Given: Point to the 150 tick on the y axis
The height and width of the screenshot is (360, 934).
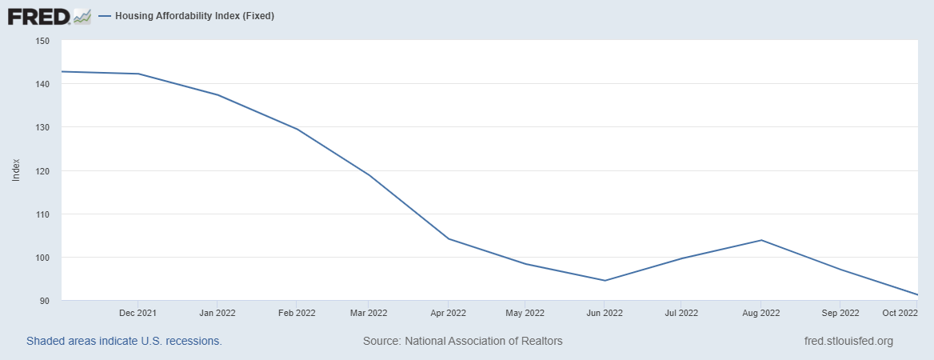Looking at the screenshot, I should coord(42,41).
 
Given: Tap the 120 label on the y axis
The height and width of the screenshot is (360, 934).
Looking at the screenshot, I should coord(42,171).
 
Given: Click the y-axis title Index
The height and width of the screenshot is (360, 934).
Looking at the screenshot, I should coord(16,170).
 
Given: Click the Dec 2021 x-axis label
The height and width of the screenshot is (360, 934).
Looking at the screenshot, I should coord(138,313).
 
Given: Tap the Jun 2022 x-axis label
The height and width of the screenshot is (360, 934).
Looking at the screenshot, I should coord(605,313).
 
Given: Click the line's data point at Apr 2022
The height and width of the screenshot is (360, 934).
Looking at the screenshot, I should coord(449,238).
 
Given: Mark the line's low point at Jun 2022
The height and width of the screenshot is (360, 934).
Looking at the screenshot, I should coord(605,281).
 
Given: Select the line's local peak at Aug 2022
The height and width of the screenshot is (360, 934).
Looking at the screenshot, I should coord(760,240).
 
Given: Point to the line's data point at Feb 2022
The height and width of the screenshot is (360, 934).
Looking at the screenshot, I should coord(296,129).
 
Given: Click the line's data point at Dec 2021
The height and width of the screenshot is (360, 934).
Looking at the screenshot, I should coord(138,74).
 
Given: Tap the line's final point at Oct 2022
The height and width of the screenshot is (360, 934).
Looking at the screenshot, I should coord(917,295).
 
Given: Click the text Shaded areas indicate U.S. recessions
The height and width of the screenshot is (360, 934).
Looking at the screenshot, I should coord(124,341).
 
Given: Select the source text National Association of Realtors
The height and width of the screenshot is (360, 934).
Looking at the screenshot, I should coord(463,341).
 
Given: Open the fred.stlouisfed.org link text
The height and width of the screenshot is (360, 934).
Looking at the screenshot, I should coord(848,341).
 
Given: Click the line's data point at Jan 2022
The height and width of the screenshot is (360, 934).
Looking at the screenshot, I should coord(218,95).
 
